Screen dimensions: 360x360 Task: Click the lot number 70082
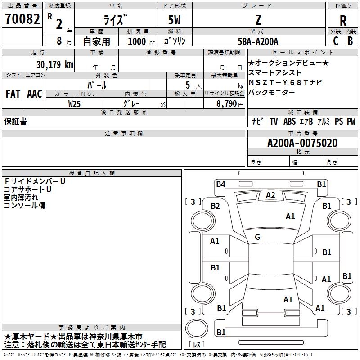22,19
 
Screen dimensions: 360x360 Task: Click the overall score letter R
343,21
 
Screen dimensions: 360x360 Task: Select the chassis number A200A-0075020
302,143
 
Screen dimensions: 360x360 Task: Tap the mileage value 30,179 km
54,64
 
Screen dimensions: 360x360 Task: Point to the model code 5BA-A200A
258,41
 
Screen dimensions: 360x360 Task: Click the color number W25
74,104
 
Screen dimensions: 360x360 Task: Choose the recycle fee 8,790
227,103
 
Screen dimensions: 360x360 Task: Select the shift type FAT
13,94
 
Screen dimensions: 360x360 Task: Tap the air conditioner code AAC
35,94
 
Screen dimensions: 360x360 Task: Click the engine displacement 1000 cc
141,41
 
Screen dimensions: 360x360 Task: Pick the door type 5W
174,20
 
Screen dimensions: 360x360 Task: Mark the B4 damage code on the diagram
220,184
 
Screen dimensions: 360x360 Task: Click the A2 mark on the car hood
270,195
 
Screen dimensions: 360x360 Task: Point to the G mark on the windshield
257,237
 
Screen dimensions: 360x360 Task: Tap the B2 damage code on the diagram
216,206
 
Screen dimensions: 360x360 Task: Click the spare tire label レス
197,344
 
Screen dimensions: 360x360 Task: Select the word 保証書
15,121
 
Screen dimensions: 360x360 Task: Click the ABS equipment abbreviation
289,121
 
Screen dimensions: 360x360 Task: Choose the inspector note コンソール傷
25,205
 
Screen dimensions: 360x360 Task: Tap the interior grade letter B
350,41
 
